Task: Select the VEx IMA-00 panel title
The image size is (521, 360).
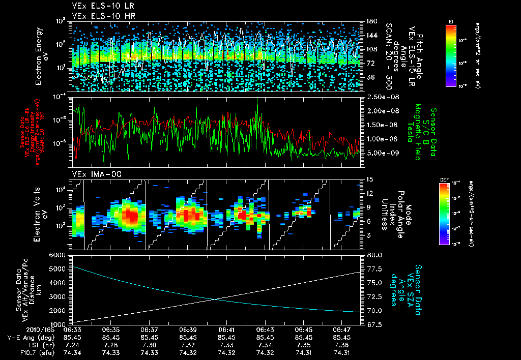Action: (92, 174)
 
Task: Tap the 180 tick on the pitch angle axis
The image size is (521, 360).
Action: (369, 21)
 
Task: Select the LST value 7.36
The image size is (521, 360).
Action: (342, 344)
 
